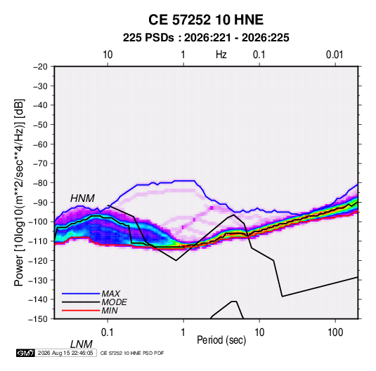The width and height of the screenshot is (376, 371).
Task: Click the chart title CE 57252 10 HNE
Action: pyautogui.click(x=206, y=20)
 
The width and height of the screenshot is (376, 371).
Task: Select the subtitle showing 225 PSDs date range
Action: pyautogui.click(x=206, y=38)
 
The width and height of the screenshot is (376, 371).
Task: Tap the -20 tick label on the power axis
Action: pyautogui.click(x=40, y=67)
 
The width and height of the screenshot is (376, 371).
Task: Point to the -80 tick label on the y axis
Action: pyautogui.click(x=40, y=183)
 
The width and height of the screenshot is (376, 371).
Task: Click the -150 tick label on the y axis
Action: pyautogui.click(x=39, y=319)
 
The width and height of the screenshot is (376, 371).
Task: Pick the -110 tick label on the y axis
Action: pyautogui.click(x=39, y=241)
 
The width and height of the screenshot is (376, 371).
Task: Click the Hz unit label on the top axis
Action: pyautogui.click(x=221, y=55)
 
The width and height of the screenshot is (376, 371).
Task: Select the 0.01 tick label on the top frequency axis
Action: pyautogui.click(x=335, y=55)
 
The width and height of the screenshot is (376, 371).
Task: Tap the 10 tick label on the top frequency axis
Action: pyautogui.click(x=108, y=55)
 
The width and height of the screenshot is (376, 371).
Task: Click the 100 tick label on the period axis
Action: pyautogui.click(x=335, y=332)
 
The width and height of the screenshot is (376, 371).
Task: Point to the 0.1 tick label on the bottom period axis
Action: pyautogui.click(x=108, y=332)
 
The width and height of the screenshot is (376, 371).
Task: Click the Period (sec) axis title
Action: pyautogui.click(x=221, y=340)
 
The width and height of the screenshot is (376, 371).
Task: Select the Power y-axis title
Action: pyautogui.click(x=19, y=192)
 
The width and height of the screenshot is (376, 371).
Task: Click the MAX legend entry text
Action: pyautogui.click(x=111, y=293)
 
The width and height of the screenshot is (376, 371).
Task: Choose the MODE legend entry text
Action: pyautogui.click(x=114, y=302)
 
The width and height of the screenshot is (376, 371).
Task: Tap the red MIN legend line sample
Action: pyautogui.click(x=81, y=311)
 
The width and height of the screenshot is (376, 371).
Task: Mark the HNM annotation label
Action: pyautogui.click(x=82, y=198)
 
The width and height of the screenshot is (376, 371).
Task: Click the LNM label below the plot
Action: pyautogui.click(x=82, y=344)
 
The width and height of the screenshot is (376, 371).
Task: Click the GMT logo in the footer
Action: pyautogui.click(x=26, y=353)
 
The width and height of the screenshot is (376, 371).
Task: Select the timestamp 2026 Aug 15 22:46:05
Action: pyautogui.click(x=65, y=353)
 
